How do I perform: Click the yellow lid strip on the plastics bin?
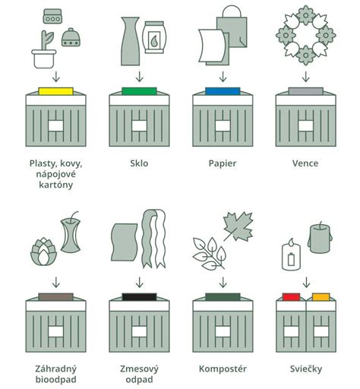[55, 91]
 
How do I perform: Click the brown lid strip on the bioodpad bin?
[55, 296]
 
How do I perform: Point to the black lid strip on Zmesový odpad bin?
[137, 296]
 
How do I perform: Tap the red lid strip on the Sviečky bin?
[290, 296]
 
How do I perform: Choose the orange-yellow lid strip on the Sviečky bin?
[321, 296]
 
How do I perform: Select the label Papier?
[221, 163]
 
